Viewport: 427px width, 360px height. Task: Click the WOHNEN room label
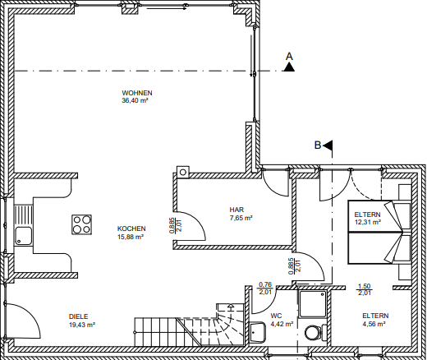(x=136, y=93)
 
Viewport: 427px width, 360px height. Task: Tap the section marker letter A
(x=288, y=56)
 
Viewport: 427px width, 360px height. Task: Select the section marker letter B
(x=316, y=145)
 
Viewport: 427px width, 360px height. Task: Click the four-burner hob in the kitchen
(x=81, y=224)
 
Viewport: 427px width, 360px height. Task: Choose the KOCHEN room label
(x=131, y=228)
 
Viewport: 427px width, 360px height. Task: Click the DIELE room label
(x=79, y=316)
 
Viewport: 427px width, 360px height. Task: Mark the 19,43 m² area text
(x=80, y=325)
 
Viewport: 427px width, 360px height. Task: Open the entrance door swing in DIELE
(x=21, y=321)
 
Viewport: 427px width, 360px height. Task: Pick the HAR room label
(x=236, y=210)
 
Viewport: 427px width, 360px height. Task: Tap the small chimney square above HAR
(x=183, y=172)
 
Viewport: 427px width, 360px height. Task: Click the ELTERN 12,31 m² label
(x=368, y=218)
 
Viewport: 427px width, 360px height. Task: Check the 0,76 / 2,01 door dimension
(x=265, y=288)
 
